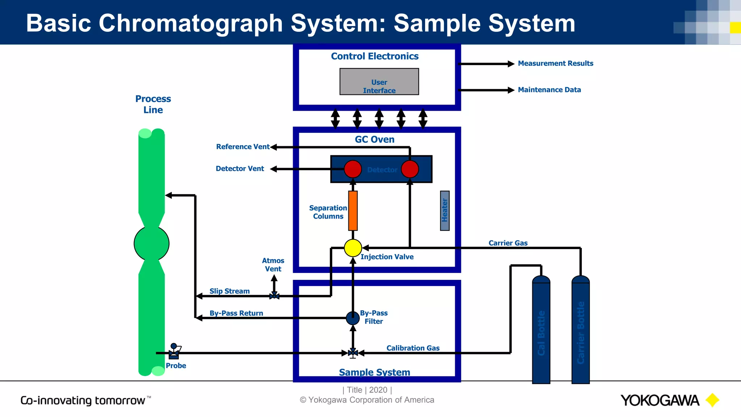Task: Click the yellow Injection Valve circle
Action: point(353,248)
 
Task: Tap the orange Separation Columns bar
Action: point(353,211)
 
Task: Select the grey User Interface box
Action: point(379,82)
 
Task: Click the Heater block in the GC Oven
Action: point(445,211)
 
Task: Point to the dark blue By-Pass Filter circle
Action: point(353,318)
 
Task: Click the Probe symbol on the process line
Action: point(174,351)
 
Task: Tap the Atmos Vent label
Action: point(273,265)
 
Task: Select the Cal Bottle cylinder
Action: point(541,331)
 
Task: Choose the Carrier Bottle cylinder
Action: point(580,331)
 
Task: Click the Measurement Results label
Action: point(555,63)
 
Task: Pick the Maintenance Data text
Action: point(549,90)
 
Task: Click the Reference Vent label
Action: point(243,147)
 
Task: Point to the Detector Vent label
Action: point(240,169)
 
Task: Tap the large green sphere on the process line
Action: point(152,243)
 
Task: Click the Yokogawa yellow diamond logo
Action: point(712,400)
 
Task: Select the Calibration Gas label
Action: point(413,348)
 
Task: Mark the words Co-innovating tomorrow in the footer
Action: point(83,400)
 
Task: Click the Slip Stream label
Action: point(229,291)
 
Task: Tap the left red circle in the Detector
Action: point(353,169)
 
